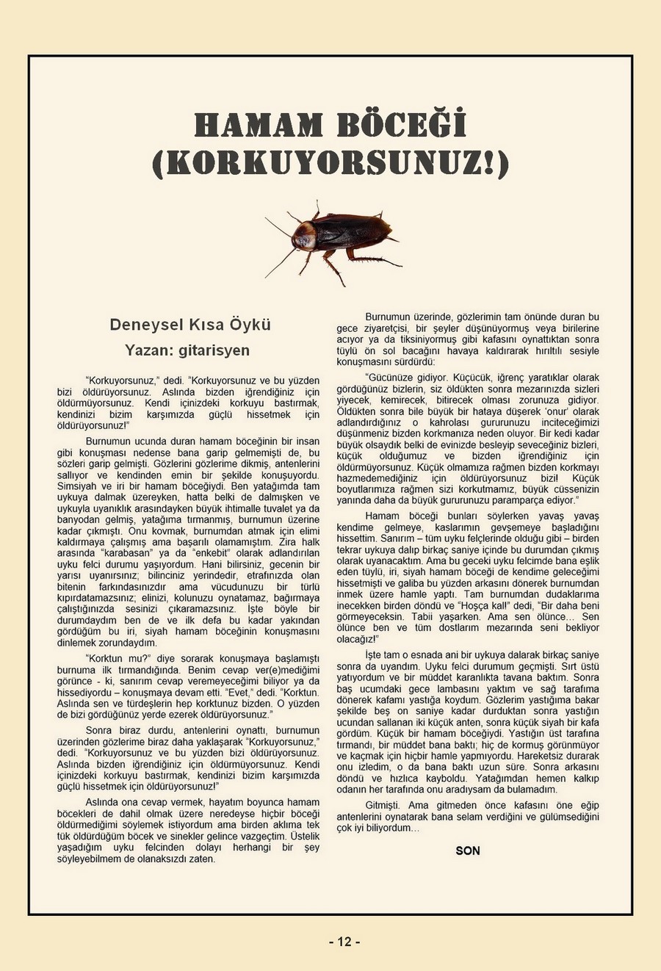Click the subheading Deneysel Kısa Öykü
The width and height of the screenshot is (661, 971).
click(190, 324)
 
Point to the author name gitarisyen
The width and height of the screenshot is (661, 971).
click(213, 350)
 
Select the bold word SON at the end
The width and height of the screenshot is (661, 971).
click(468, 851)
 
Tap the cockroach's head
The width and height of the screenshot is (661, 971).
click(300, 237)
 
